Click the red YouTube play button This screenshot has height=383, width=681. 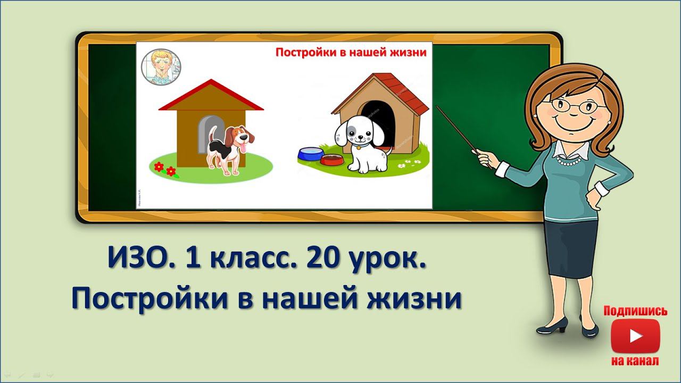(x=635, y=336)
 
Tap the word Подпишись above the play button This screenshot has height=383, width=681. (x=635, y=311)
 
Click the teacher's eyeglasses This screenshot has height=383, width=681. (x=572, y=104)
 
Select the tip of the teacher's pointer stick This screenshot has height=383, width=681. (x=438, y=107)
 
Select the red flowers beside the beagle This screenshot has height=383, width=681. (x=165, y=169)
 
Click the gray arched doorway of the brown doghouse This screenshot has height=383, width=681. (x=204, y=133)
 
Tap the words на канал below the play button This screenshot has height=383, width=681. (x=635, y=361)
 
